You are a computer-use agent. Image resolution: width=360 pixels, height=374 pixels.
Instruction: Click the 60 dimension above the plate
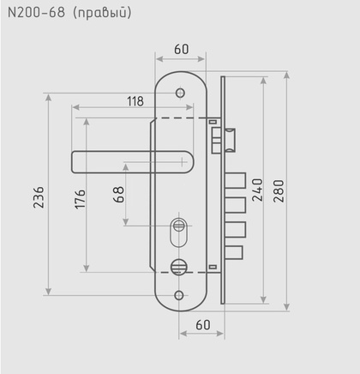point(180,49)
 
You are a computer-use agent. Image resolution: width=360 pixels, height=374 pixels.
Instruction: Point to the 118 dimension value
point(135,101)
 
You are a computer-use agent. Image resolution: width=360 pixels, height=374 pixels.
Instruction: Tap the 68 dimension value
point(120,196)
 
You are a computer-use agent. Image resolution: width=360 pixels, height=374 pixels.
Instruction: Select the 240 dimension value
point(255,189)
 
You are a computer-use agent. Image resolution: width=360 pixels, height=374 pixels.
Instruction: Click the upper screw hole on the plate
point(180,93)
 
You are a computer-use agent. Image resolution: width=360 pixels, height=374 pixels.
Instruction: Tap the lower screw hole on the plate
point(179,295)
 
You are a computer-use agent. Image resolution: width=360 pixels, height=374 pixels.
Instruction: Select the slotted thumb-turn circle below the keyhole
point(178,267)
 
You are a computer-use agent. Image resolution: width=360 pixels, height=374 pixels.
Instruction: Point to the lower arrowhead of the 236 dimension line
point(50,292)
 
